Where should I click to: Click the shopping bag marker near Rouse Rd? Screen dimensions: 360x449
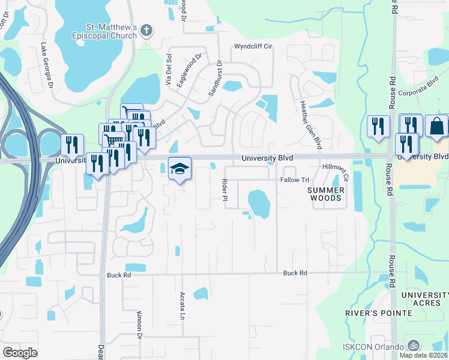point(437,126)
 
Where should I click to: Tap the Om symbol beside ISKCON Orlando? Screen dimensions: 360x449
point(412,346)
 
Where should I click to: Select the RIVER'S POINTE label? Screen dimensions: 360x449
point(379,313)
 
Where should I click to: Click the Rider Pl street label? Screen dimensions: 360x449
point(226,193)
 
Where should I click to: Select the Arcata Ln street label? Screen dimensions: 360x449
point(182,306)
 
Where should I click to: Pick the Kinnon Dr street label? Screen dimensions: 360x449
point(139,331)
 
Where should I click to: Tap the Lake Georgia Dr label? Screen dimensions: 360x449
point(46,65)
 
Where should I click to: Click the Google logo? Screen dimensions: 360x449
point(20,353)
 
